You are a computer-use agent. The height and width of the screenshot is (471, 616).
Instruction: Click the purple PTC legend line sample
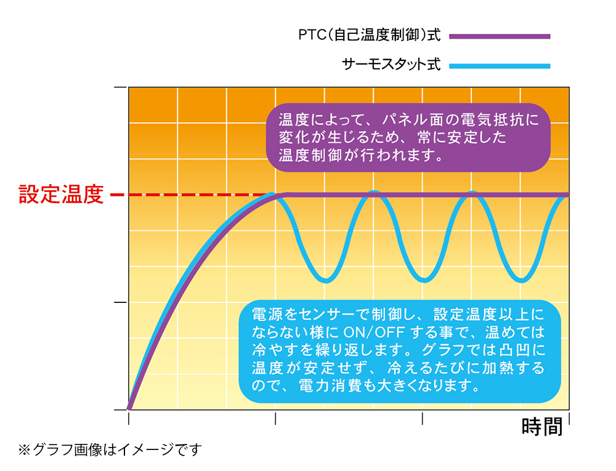500,36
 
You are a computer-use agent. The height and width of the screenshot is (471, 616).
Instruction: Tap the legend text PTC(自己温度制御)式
369,36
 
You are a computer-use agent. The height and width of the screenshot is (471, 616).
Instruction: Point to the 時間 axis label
542,426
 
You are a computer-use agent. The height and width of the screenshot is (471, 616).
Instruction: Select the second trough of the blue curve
423,281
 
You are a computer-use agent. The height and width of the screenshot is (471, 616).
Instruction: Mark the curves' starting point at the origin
129,407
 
